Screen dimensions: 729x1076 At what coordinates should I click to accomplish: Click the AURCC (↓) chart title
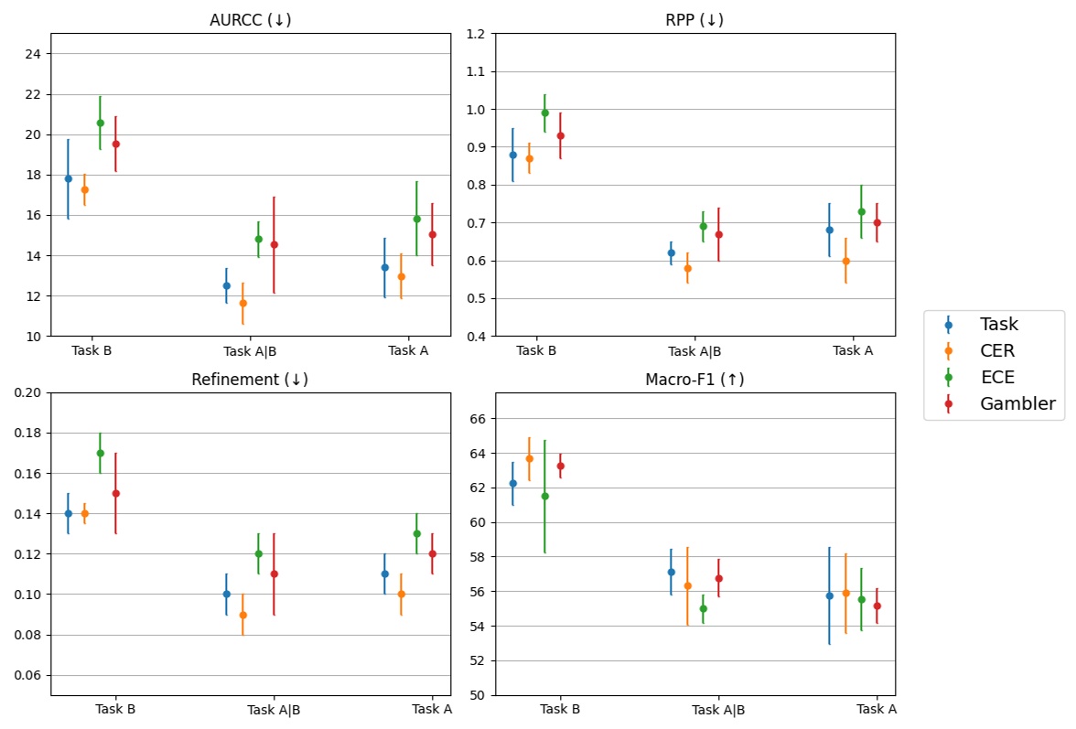pyautogui.click(x=250, y=20)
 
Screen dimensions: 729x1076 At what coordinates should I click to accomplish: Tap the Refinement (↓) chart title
pyautogui.click(x=250, y=380)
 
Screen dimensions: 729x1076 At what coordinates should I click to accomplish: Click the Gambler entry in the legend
pyautogui.click(x=1017, y=403)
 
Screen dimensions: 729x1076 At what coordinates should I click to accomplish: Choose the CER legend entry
pyautogui.click(x=996, y=350)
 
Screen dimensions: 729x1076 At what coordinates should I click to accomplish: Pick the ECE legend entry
pyautogui.click(x=996, y=377)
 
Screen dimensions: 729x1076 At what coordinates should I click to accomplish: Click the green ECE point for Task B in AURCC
pyautogui.click(x=101, y=123)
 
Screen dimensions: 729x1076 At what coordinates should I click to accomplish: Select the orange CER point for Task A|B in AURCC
pyautogui.click(x=242, y=303)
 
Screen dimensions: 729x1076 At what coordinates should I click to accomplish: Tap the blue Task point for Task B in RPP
pyautogui.click(x=512, y=155)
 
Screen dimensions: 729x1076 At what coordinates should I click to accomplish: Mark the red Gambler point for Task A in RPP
pyautogui.click(x=877, y=222)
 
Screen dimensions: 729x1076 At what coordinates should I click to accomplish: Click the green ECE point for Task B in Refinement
pyautogui.click(x=101, y=453)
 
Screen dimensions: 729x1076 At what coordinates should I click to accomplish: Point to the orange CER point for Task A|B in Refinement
pyautogui.click(x=242, y=615)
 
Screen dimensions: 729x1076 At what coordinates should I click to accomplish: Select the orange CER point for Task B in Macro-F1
pyautogui.click(x=529, y=458)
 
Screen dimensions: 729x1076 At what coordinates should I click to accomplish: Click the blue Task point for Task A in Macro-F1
pyautogui.click(x=830, y=595)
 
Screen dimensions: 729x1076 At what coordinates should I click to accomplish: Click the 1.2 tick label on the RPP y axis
pyautogui.click(x=476, y=34)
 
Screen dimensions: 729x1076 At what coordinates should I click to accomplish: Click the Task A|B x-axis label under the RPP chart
pyautogui.click(x=694, y=351)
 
